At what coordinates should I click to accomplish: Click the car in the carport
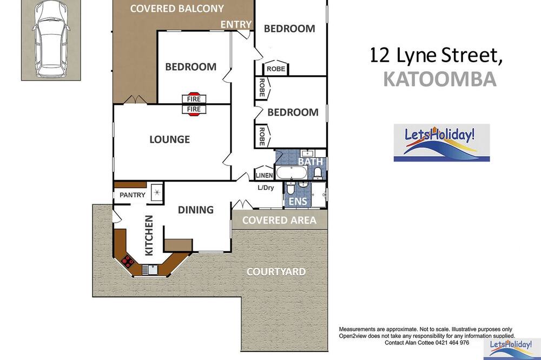click(x=51, y=38)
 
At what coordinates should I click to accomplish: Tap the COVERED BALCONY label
click(x=177, y=9)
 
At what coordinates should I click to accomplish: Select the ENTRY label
click(x=236, y=24)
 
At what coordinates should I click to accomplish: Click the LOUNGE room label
click(x=169, y=139)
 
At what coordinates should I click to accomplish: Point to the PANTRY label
click(x=133, y=195)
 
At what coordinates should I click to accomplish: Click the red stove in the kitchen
click(x=127, y=261)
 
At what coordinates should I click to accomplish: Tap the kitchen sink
click(x=150, y=269)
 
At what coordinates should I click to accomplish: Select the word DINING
click(x=196, y=210)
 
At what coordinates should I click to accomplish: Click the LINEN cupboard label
click(x=265, y=176)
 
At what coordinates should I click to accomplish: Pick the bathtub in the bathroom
click(x=292, y=172)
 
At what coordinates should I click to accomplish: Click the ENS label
click(x=298, y=201)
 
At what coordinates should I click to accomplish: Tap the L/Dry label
click(x=266, y=188)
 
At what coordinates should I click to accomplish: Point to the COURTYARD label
click(x=276, y=272)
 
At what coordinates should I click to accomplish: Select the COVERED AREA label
click(x=279, y=221)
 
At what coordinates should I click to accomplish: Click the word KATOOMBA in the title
click(x=439, y=79)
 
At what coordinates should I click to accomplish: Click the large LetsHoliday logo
click(x=441, y=143)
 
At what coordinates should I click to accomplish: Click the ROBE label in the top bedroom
click(x=276, y=69)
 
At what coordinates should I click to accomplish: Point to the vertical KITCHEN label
click(x=149, y=236)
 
